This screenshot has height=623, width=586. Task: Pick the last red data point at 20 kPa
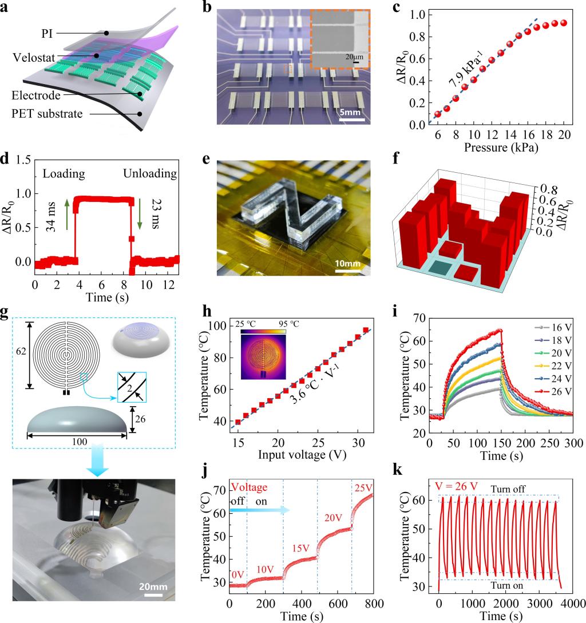tap(564, 23)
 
